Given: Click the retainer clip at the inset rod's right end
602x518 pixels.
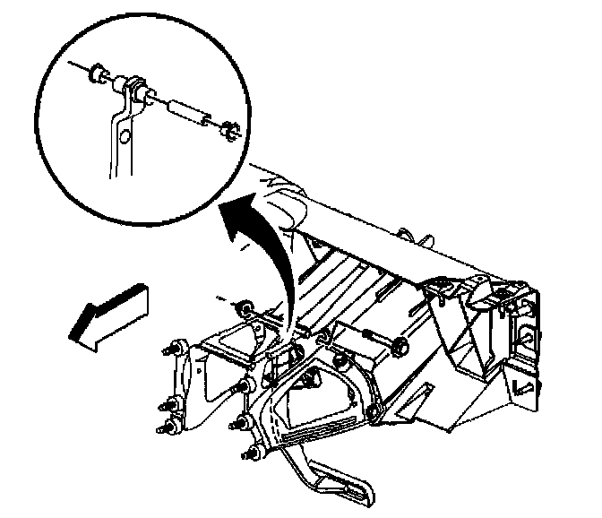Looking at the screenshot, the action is pos(226,131).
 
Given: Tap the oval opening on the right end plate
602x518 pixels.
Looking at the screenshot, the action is pos(526,336).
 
